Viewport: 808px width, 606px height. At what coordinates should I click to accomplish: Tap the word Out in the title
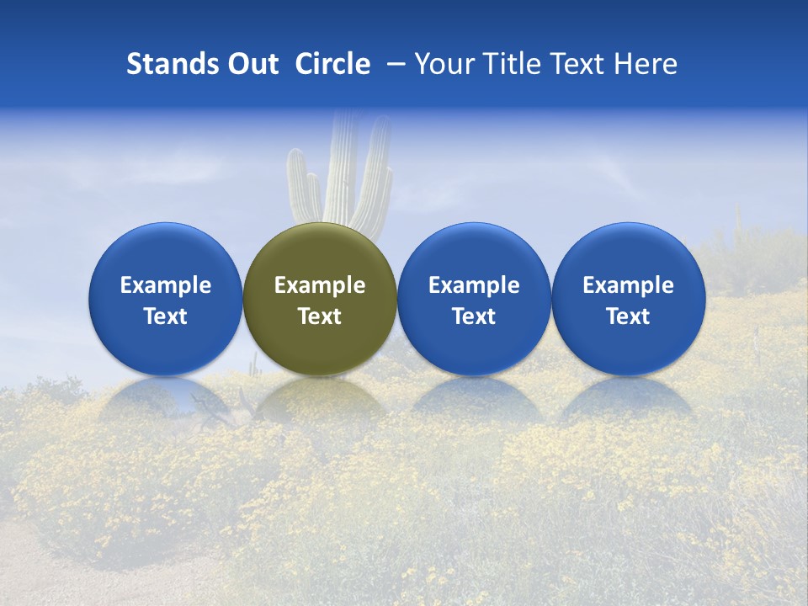tap(251, 64)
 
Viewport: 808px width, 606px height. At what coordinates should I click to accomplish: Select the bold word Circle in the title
tap(332, 64)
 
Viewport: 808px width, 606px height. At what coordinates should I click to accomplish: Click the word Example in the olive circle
tap(320, 285)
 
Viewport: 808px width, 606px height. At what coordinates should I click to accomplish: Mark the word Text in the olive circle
tap(320, 316)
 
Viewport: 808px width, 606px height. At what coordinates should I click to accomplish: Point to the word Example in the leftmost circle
tap(166, 285)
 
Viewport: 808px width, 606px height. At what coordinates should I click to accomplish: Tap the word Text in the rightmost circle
tap(629, 316)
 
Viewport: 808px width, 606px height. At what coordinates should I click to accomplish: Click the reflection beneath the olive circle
tap(320, 401)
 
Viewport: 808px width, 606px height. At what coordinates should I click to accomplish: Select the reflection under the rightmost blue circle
tap(629, 399)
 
